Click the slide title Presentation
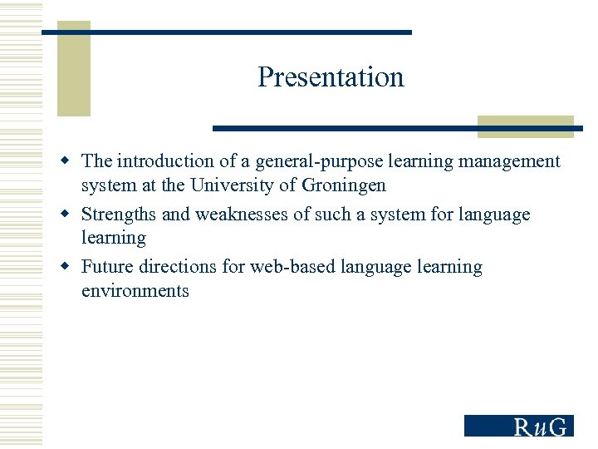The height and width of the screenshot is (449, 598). click(x=331, y=76)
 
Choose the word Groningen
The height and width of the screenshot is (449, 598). click(x=345, y=185)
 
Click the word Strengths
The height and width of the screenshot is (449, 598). click(x=119, y=215)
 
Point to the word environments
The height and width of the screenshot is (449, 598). click(x=135, y=291)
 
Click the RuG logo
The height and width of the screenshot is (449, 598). click(x=518, y=426)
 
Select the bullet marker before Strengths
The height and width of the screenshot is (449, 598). click(x=71, y=214)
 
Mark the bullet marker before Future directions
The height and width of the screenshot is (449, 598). click(x=71, y=266)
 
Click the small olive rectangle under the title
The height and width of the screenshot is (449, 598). click(x=525, y=126)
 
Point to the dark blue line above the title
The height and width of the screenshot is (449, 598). click(x=226, y=32)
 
